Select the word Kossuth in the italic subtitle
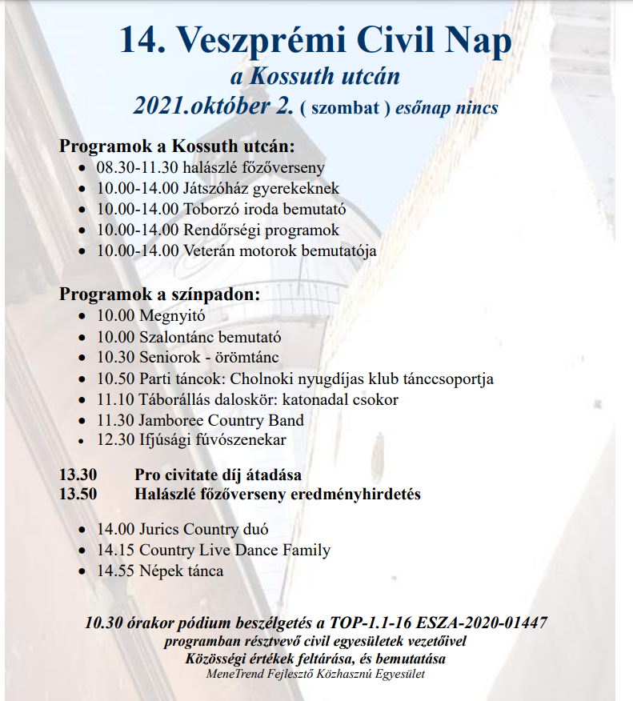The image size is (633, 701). [295, 77]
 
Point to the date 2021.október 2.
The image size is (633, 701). [214, 106]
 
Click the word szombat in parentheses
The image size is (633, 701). [347, 107]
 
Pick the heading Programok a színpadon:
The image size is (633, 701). [159, 294]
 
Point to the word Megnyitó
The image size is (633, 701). [172, 316]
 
